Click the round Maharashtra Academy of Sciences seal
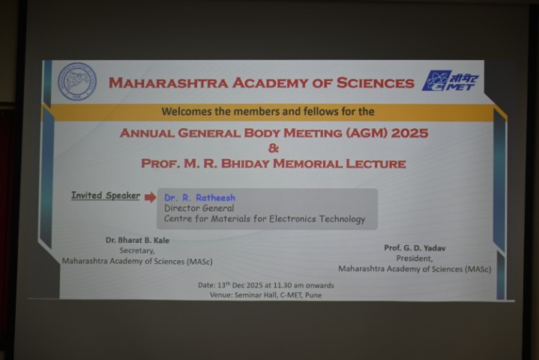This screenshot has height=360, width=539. click(x=77, y=82)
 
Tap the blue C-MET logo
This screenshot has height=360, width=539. click(x=451, y=81)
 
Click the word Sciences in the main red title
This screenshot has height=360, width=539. click(x=375, y=82)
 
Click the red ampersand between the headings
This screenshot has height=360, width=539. click(x=274, y=148)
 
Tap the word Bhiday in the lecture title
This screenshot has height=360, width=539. click(x=245, y=163)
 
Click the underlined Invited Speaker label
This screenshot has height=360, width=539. click(x=106, y=195)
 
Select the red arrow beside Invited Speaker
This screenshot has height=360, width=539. click(x=150, y=197)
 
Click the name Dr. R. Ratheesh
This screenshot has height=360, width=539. click(x=199, y=198)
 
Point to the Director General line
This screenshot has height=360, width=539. click(x=199, y=208)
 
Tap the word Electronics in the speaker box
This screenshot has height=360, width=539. click(x=292, y=219)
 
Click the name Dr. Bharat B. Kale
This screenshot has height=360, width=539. click(x=137, y=240)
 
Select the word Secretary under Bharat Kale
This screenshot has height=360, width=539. click(x=137, y=250)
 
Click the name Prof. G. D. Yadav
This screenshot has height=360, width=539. click(x=415, y=248)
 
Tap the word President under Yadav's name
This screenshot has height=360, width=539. click(x=415, y=258)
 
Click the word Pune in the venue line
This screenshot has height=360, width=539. click(x=313, y=295)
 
